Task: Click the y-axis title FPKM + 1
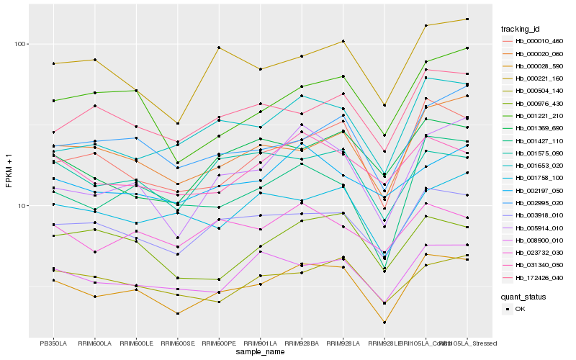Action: (x=9, y=171)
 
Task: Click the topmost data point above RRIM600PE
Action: (x=219, y=48)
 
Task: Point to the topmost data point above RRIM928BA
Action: (x=302, y=56)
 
